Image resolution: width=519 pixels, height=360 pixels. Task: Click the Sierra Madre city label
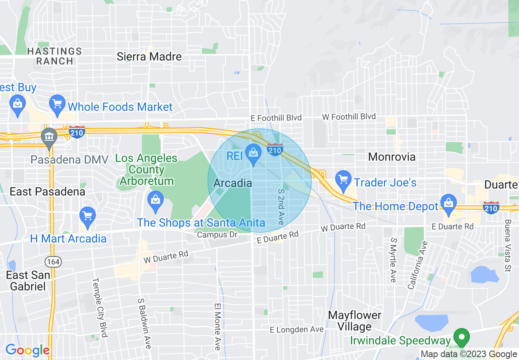point(149,56)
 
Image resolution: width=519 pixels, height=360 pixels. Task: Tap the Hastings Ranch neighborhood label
point(54,56)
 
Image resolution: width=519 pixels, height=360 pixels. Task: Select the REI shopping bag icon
point(253,153)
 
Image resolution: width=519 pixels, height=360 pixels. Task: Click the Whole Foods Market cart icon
point(57,105)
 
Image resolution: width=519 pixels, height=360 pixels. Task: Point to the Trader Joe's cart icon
point(343,179)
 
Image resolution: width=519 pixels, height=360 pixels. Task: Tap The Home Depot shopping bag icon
point(449,203)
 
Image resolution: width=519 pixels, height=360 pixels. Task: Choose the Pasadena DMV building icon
point(49,137)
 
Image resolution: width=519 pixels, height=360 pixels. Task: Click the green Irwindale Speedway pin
point(462,337)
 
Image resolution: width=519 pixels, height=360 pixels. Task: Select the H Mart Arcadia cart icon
point(87,216)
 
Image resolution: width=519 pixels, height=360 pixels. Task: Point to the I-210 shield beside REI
point(275,150)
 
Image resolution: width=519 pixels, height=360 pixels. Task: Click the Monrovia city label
point(392,157)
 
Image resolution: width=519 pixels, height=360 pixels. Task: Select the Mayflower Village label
point(355,321)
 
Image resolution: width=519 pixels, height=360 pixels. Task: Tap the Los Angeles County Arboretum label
point(147,169)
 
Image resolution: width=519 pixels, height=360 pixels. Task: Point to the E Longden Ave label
point(297,329)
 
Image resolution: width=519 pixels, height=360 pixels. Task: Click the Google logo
point(27,350)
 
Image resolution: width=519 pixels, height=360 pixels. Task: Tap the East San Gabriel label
point(28,281)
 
